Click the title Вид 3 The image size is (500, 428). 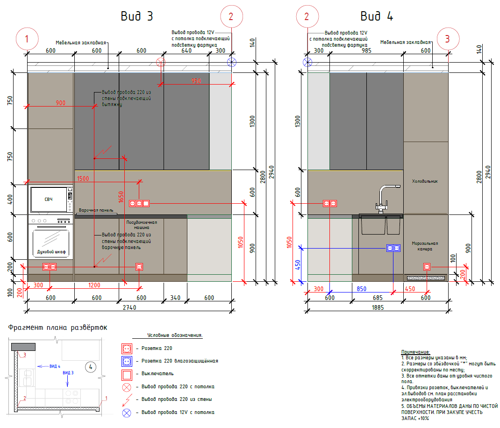tap(136, 16)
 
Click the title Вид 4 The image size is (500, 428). tap(377, 16)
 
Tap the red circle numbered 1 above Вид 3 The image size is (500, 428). tap(27, 39)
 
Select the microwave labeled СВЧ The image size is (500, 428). tap(49, 200)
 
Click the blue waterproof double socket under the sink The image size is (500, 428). tap(393, 249)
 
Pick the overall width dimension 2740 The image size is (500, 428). tap(129, 308)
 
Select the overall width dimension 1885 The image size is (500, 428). tap(378, 307)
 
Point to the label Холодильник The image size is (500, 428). tap(425, 181)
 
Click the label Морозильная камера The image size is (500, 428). tap(425, 246)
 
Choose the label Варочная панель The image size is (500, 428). tap(97, 211)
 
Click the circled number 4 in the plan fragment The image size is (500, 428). tap(92, 367)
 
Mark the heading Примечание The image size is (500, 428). tap(415, 351)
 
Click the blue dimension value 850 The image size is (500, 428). tap(361, 289)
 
